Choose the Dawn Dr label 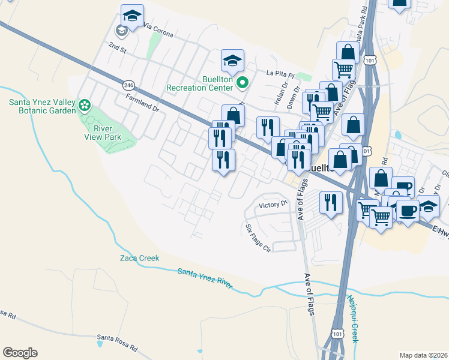click(x=293, y=99)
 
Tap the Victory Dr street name click(x=274, y=205)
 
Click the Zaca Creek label click(x=139, y=259)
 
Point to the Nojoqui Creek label click(x=352, y=318)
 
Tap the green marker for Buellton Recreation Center click(x=242, y=83)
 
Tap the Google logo click(x=20, y=353)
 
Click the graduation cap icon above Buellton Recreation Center click(x=232, y=60)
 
